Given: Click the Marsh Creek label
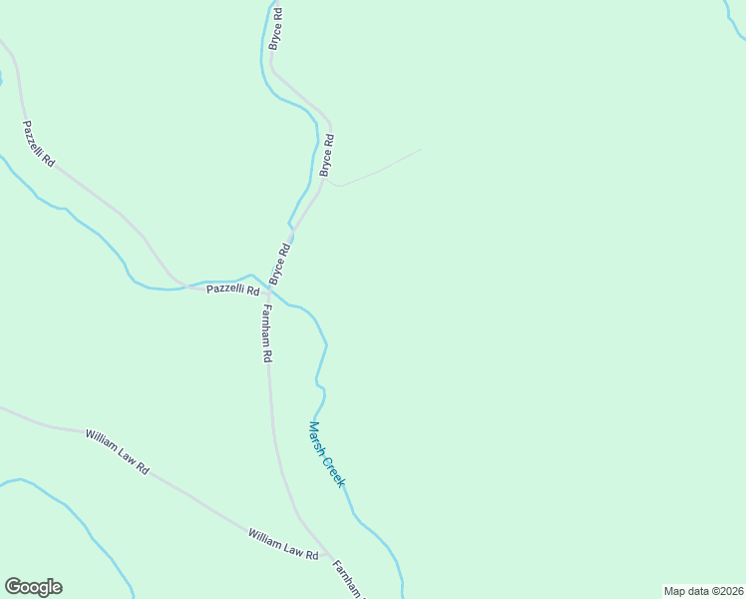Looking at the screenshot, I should click(326, 454).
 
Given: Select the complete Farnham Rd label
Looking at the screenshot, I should click(267, 333).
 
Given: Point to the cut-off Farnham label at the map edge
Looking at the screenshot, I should click(350, 578).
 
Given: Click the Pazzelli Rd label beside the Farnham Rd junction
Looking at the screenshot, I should click(232, 290).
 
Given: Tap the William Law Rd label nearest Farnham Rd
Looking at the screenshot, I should click(283, 544).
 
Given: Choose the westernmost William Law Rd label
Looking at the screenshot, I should click(117, 451).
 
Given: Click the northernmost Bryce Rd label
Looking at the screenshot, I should click(276, 29).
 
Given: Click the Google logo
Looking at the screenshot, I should click(33, 587).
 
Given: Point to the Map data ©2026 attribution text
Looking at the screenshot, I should click(703, 591).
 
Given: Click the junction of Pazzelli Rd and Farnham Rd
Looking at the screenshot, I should click(265, 290).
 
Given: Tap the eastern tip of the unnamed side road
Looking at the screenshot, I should click(420, 150).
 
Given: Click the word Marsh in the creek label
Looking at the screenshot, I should click(317, 437).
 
